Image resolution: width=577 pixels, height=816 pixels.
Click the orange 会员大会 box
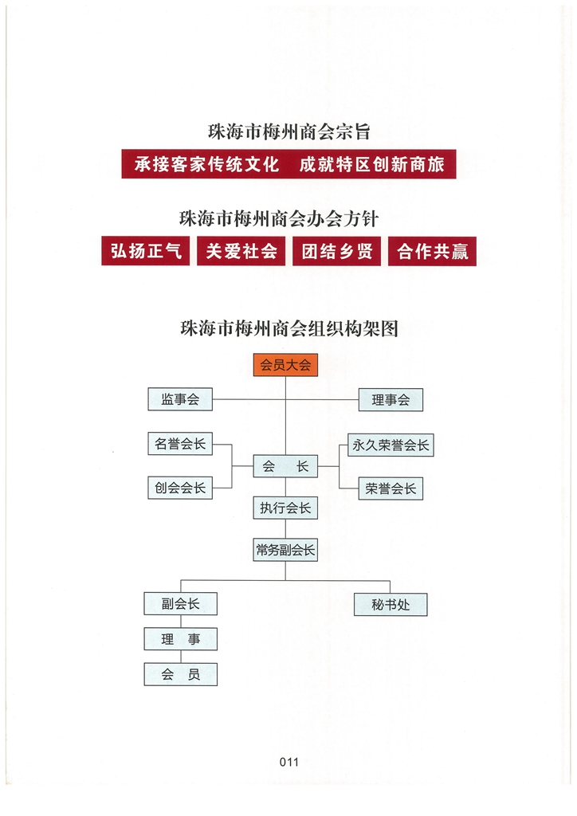(285, 365)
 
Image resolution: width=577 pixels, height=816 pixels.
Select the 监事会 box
(180, 399)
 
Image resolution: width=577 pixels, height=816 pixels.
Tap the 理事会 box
(391, 400)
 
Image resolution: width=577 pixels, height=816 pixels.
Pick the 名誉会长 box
(180, 444)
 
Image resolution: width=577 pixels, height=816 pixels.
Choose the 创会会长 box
(180, 488)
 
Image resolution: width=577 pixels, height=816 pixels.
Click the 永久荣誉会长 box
(391, 445)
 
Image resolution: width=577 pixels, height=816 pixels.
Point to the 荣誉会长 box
(391, 488)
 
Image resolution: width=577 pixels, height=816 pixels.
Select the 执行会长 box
(285, 508)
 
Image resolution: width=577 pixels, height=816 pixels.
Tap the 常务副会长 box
(285, 550)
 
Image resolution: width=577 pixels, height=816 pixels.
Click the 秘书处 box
(391, 605)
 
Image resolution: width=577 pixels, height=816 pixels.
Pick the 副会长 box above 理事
(181, 604)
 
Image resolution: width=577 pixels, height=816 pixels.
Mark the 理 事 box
(181, 639)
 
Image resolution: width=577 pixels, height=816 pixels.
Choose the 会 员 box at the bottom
(181, 674)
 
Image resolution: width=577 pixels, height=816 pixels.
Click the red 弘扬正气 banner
(146, 251)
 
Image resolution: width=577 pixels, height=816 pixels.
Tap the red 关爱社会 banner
(241, 251)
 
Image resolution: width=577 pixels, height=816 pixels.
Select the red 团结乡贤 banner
(336, 251)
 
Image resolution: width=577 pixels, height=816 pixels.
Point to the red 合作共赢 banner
(433, 251)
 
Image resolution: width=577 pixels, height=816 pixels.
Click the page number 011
(289, 763)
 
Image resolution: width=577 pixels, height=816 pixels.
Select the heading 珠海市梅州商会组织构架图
(289, 328)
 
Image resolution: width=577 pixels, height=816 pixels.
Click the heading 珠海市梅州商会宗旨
(289, 131)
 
